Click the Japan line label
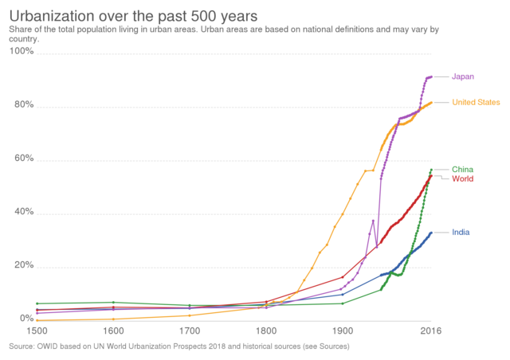coord(463,76)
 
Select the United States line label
coord(476,102)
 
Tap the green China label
coord(463,169)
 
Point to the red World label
coord(463,178)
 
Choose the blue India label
coord(461,232)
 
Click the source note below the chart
coord(178,346)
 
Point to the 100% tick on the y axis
coord(22,51)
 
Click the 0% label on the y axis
coord(25,319)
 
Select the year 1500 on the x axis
coord(37,328)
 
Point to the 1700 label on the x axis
coord(190,328)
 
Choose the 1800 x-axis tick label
coord(266,328)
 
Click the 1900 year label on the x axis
coord(343,328)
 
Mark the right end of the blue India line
coord(431,233)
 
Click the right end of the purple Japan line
coord(431,76)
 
